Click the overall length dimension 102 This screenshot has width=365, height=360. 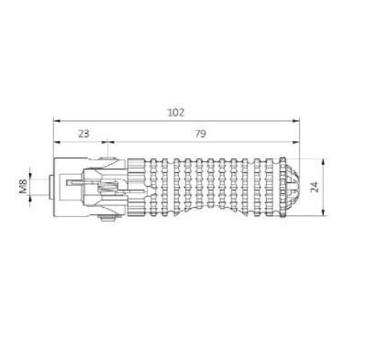[176, 113]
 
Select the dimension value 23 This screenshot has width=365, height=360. [83, 134]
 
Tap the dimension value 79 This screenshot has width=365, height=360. [200, 134]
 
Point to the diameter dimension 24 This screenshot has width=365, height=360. [315, 187]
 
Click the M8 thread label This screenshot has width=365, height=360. [23, 186]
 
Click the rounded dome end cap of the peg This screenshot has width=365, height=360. [293, 187]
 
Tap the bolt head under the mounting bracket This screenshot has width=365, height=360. [107, 217]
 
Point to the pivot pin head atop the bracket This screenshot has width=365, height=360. [107, 158]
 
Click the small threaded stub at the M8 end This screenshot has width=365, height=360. [51, 187]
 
